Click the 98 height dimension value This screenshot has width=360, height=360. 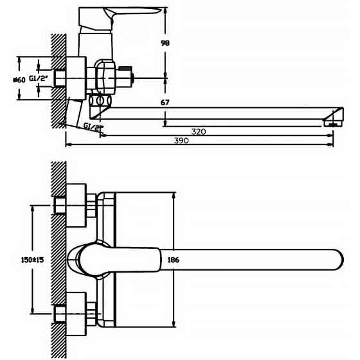(x=165, y=43)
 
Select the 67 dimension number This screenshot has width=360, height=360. (x=165, y=102)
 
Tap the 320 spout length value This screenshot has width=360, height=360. (x=199, y=132)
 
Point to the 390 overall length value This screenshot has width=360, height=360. (x=181, y=141)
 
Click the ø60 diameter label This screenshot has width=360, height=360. (x=19, y=80)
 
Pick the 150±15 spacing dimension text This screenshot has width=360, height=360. (x=32, y=260)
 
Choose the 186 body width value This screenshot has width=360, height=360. (x=174, y=260)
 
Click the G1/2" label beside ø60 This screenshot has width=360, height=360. (x=38, y=78)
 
